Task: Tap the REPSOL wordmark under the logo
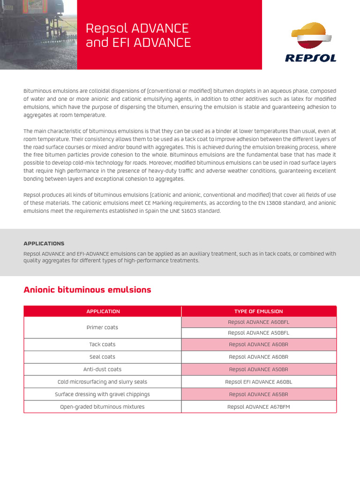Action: pos(310,58)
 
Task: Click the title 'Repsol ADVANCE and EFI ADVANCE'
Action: pos(138,36)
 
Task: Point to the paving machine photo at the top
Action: pos(38,35)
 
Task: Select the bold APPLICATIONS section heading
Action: pos(44,244)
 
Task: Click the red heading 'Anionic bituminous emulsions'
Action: pos(87,290)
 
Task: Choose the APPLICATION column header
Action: pos(103,311)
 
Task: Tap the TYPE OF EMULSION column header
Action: pos(258,311)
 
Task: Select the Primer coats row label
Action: pos(102,327)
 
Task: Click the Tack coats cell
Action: pos(102,345)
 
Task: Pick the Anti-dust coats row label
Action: pos(102,369)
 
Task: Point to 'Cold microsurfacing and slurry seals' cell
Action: pos(102,382)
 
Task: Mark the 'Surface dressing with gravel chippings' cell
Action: pos(102,394)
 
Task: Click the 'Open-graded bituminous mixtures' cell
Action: pos(102,407)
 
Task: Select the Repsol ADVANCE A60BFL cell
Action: pos(258,322)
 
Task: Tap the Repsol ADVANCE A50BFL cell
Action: pos(258,333)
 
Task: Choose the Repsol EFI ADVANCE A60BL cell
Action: pos(258,382)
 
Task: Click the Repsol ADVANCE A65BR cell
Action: pos(258,394)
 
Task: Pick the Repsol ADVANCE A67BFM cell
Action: pos(258,407)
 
